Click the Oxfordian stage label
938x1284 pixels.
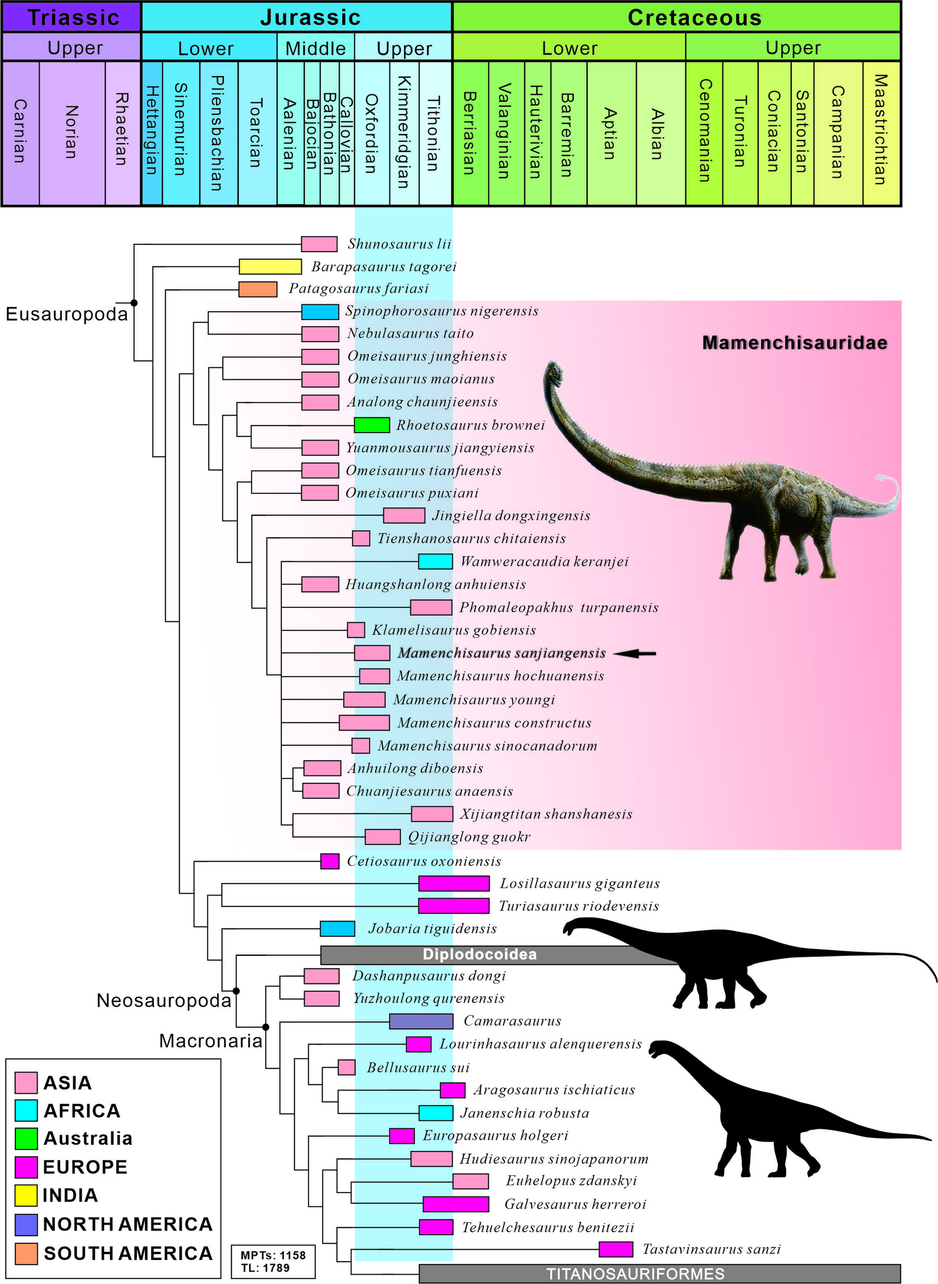coord(372,134)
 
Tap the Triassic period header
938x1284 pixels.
coord(72,17)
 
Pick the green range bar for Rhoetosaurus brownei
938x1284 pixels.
coord(372,425)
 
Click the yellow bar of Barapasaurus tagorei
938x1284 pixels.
coord(270,266)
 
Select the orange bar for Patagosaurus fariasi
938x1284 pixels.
coord(257,289)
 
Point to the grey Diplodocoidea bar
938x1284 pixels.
coord(480,954)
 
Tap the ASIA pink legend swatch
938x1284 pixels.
coord(26,1083)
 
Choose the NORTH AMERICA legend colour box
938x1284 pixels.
coord(26,1224)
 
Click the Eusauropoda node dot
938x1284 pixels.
coord(134,303)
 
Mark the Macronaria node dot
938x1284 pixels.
coord(265,1027)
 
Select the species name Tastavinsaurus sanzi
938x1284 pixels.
coord(711,1249)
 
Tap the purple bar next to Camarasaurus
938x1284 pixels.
coord(421,1021)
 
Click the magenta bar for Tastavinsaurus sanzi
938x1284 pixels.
coord(615,1249)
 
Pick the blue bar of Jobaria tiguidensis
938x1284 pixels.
coord(337,929)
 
